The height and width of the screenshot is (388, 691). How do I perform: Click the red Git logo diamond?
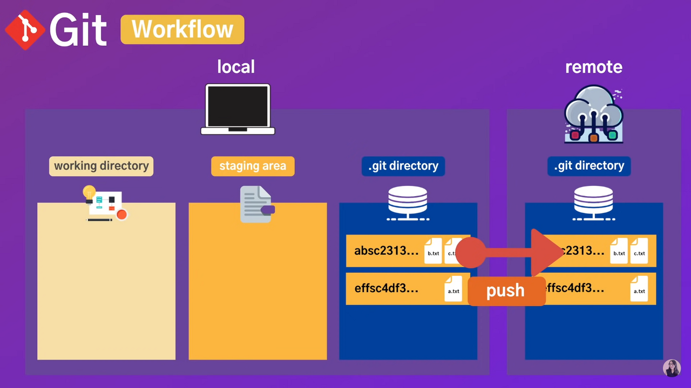coord(25,30)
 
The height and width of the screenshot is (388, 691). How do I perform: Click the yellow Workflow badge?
coord(182,29)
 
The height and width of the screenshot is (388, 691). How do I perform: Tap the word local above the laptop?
coord(236,67)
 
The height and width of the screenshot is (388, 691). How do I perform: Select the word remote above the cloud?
coord(593,67)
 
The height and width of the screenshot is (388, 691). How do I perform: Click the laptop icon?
coord(238,109)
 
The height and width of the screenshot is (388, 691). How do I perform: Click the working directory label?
coord(101,166)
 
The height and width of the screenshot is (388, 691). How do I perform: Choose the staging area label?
coord(253,166)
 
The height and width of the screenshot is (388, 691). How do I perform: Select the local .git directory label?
coord(403,166)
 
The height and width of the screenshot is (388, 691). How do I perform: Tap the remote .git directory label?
coord(589,166)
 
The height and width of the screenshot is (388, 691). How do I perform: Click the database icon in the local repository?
coord(408,203)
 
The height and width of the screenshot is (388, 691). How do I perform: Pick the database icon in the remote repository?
coord(593,203)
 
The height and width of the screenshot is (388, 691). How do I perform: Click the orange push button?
coord(506,291)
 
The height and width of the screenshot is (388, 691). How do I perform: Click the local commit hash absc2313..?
coord(386,251)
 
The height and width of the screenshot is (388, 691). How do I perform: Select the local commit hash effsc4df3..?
coord(386,289)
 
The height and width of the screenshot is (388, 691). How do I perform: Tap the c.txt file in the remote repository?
coord(639,251)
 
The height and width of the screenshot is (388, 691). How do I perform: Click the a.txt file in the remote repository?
coord(639,289)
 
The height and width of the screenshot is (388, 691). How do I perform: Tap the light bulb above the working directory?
coord(89,192)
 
